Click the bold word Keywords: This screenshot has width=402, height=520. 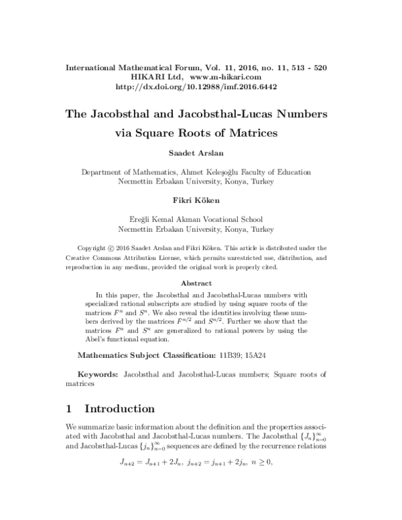click(99, 373)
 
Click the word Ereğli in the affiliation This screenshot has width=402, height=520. click(140, 218)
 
